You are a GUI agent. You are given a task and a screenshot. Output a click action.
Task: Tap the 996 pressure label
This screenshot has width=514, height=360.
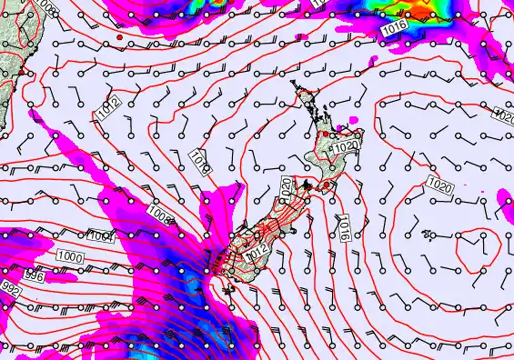tap(33, 275)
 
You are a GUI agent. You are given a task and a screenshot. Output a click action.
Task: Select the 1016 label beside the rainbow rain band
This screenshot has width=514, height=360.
tap(394, 29)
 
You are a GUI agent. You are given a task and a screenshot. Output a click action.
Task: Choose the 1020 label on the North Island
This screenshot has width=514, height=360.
tap(345, 146)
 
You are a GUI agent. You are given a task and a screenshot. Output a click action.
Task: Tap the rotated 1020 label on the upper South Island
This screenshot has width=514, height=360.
tap(286, 189)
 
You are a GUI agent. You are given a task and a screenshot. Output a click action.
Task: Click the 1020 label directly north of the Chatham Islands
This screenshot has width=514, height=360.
tap(439, 185)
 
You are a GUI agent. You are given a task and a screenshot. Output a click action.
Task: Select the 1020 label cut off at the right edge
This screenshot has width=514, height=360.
tap(504, 115)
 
